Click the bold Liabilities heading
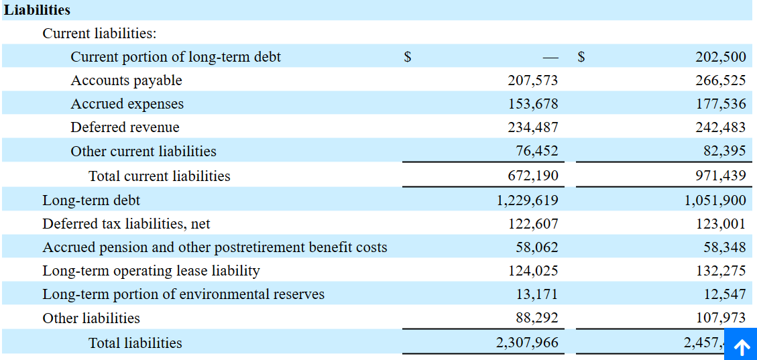[38, 10]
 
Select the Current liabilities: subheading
[99, 34]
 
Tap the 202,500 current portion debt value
[720, 58]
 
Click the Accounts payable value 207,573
[532, 81]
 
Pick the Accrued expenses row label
[127, 105]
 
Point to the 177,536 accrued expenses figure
[720, 105]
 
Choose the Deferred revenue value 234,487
[532, 128]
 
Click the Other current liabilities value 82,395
[724, 152]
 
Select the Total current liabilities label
[159, 176]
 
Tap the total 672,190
[532, 176]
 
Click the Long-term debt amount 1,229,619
[527, 200]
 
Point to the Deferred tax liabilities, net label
[126, 224]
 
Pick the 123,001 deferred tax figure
[720, 224]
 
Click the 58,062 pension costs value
[536, 247]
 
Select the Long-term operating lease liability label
[151, 272]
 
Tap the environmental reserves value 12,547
[724, 294]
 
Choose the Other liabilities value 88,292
[536, 318]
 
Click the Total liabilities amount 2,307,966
[527, 343]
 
